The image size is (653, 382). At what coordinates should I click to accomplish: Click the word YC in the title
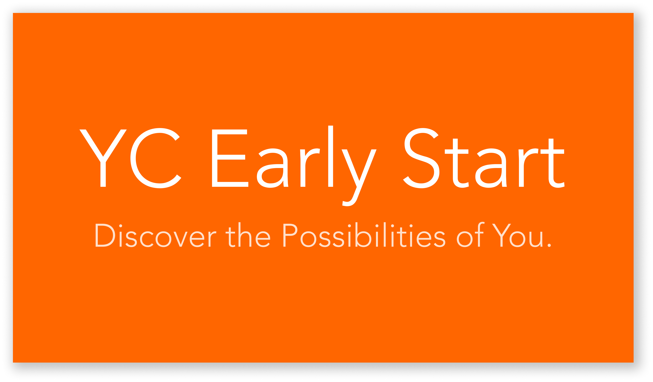pyautogui.click(x=130, y=158)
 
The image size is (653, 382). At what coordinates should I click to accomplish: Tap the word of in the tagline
pyautogui.click(x=471, y=235)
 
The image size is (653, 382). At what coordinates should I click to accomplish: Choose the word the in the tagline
pyautogui.click(x=248, y=235)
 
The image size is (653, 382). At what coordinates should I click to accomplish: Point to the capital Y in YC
pyautogui.click(x=103, y=158)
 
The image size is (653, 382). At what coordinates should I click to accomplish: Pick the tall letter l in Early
pyautogui.click(x=331, y=156)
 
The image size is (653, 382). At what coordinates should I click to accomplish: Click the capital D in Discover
pyautogui.click(x=105, y=235)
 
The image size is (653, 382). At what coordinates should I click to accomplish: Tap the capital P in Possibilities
pyautogui.click(x=290, y=235)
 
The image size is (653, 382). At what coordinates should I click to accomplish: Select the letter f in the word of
pyautogui.click(x=480, y=234)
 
